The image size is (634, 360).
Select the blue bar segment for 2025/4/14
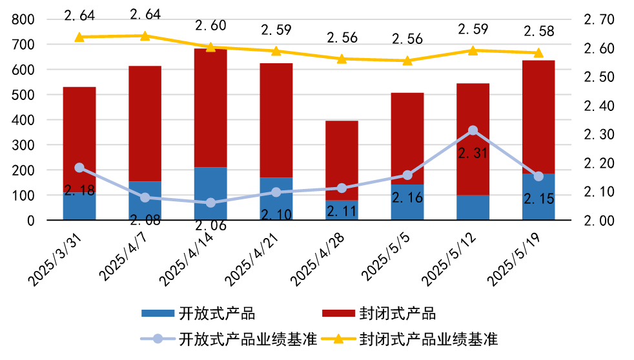pyautogui.click(x=210, y=194)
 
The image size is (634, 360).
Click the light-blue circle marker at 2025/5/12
pyautogui.click(x=473, y=130)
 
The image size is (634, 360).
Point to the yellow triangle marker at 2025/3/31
pyautogui.click(x=79, y=37)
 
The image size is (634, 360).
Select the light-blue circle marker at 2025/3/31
pyautogui.click(x=79, y=168)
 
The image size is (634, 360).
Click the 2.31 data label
pyautogui.click(x=473, y=154)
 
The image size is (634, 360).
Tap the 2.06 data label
pyautogui.click(x=210, y=225)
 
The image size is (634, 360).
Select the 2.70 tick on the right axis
pyautogui.click(x=598, y=20)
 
